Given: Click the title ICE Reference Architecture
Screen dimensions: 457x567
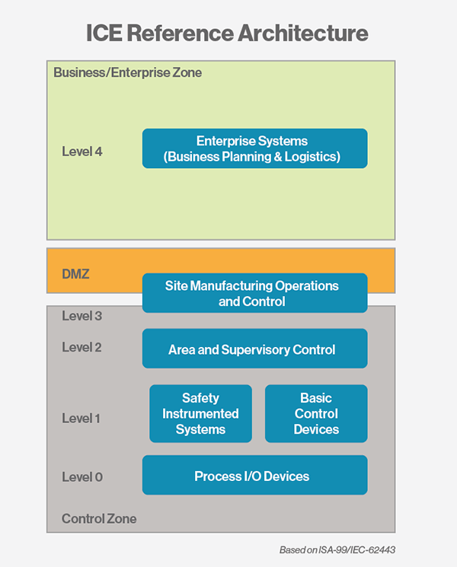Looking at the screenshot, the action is click(227, 33).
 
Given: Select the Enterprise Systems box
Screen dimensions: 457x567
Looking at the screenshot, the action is click(254, 148).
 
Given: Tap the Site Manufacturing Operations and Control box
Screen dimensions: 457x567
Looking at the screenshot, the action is click(254, 293).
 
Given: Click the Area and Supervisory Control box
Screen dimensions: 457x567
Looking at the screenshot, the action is click(254, 349).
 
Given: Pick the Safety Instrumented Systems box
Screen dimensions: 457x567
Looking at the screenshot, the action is click(200, 413).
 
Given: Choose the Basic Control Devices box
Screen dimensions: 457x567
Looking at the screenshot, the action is click(316, 413).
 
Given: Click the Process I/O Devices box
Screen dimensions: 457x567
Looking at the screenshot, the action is click(254, 475).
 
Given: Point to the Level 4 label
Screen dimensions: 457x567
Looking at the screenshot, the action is click(82, 151).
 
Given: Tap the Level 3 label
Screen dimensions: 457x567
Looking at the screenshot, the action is click(82, 316).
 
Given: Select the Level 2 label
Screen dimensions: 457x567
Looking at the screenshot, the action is click(81, 347).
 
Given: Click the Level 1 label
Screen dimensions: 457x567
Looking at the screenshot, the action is click(81, 419).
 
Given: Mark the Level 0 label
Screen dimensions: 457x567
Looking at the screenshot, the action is click(82, 477).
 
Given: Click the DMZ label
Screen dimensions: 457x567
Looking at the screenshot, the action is click(75, 274).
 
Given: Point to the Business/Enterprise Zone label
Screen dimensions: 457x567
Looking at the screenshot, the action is click(128, 73).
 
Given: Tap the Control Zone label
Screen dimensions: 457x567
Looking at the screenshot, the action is click(99, 519).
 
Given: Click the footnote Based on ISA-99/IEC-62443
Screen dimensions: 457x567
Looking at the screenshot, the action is click(337, 550).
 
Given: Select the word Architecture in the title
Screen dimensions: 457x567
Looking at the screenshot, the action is click(303, 33).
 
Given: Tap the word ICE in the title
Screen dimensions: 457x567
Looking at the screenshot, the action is click(104, 33).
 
